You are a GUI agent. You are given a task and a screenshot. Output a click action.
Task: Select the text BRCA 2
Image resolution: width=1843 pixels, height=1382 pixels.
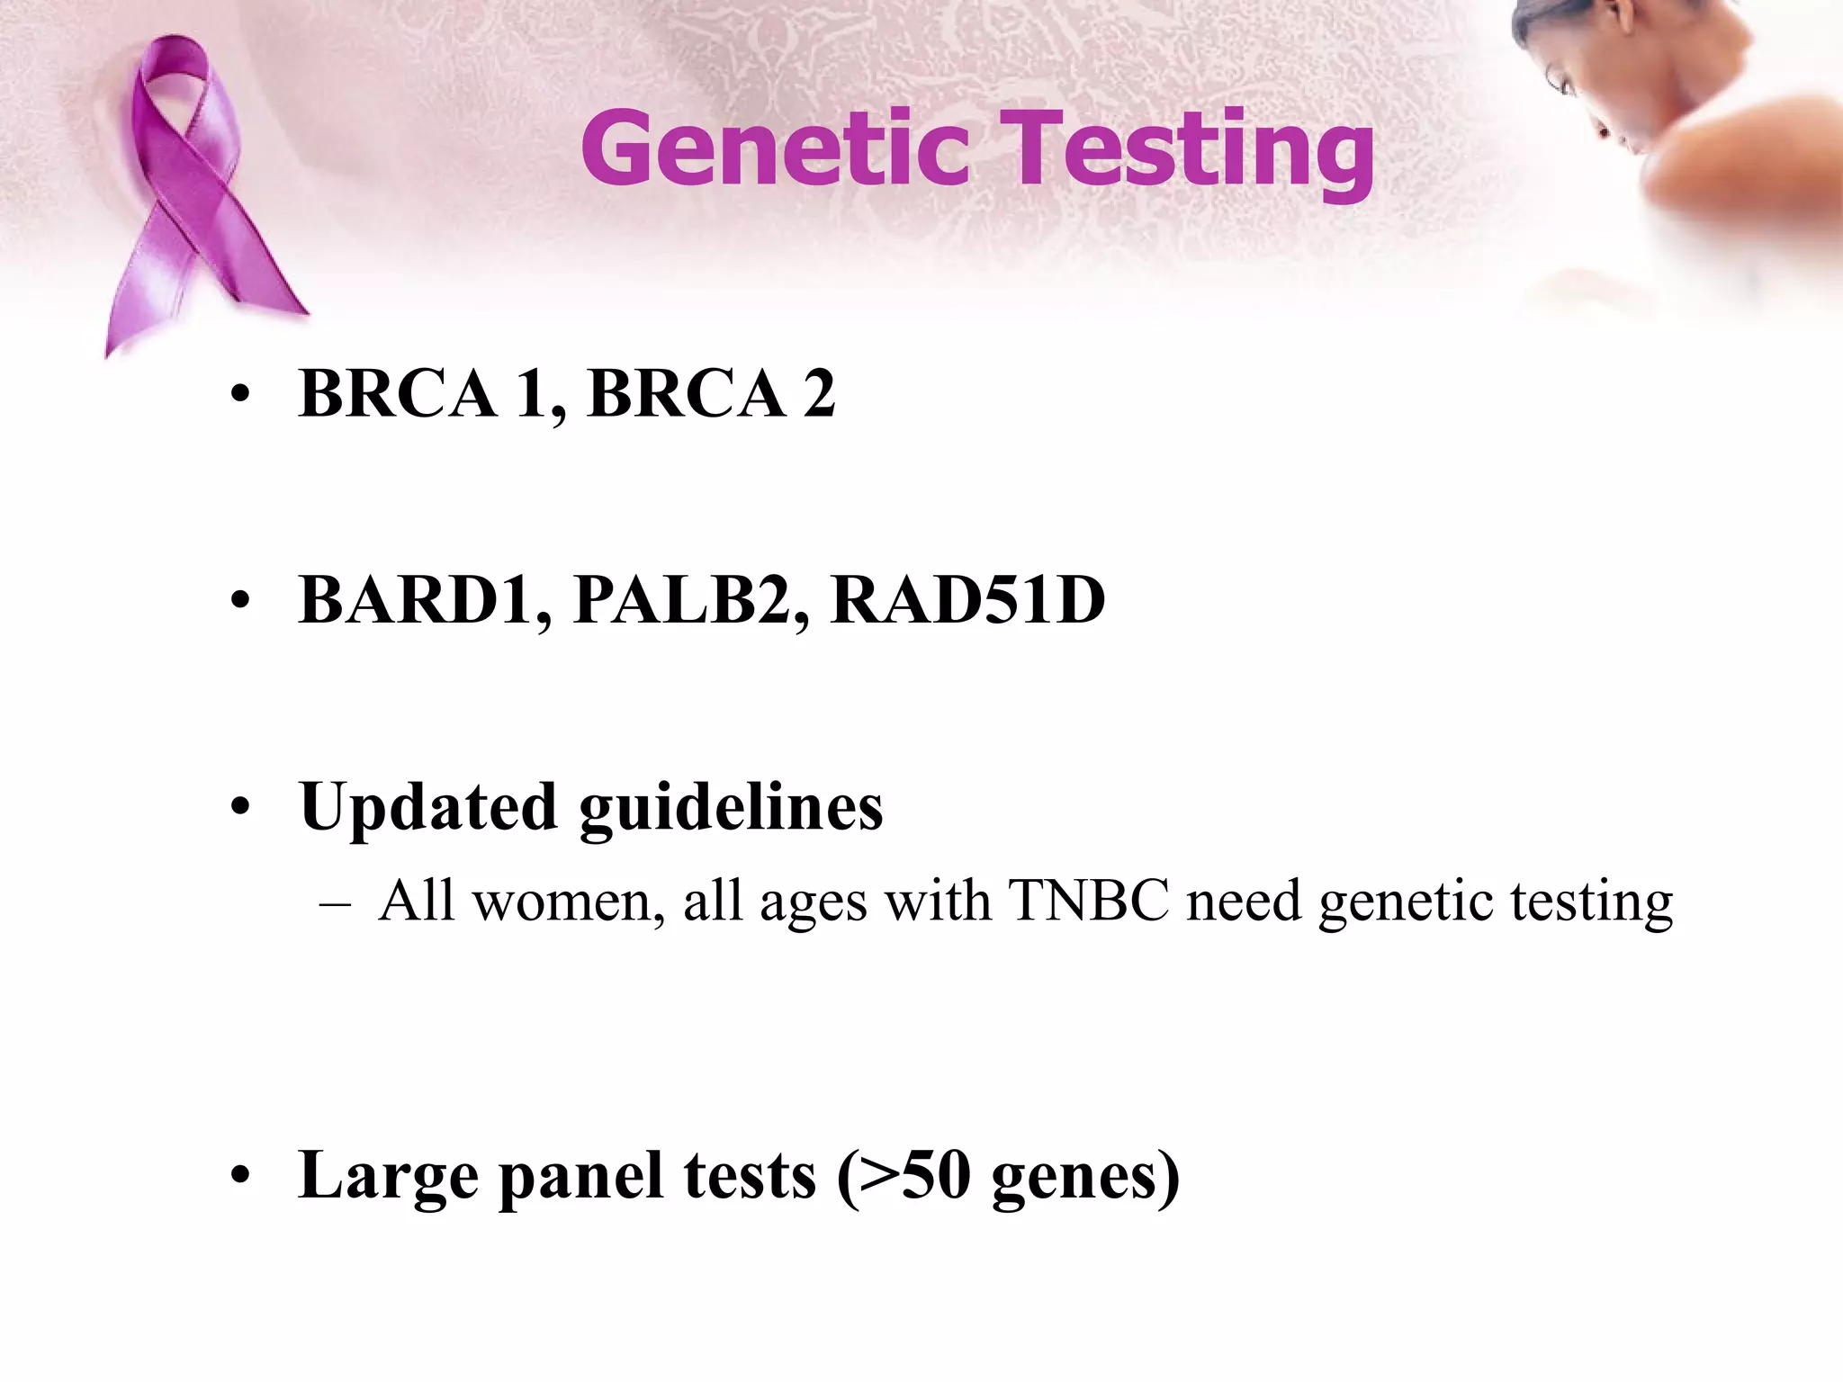coord(711,394)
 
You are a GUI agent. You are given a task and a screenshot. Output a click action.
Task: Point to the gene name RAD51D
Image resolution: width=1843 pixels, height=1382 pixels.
coord(967,600)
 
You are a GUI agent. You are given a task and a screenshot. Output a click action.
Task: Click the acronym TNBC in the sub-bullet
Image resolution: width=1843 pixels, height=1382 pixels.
coord(1088,901)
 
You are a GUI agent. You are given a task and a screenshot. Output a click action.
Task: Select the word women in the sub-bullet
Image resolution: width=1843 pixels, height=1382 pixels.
coord(567,901)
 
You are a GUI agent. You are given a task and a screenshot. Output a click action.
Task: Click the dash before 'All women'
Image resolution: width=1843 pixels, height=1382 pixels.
coord(335,903)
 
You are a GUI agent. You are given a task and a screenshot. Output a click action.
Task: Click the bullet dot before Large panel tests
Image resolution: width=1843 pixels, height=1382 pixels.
coord(238,1176)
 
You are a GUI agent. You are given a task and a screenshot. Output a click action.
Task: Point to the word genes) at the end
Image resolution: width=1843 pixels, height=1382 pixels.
coord(1084,1176)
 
